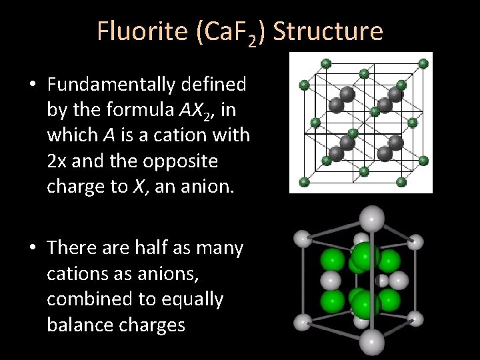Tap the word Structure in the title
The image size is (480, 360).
coord(328,31)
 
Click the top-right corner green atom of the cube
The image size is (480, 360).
coord(423,63)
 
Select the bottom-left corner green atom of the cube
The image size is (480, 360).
coord(305,181)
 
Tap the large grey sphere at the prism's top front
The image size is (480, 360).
coord(371,217)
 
